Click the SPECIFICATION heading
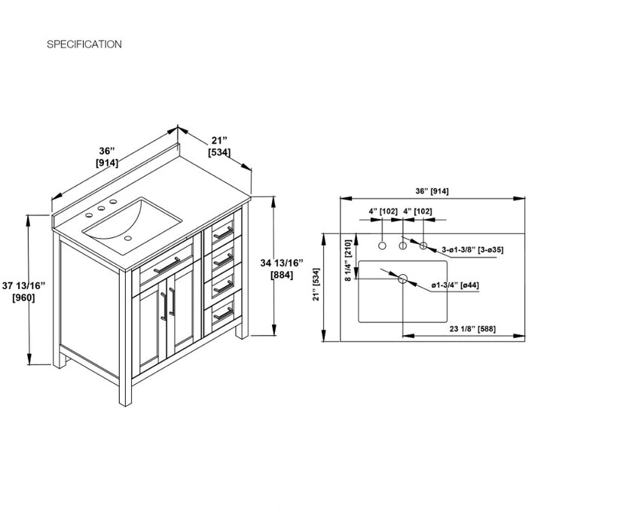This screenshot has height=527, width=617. tap(84, 44)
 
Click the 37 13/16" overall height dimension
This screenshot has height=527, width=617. tap(23, 291)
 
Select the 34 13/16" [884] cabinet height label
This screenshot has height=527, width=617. tap(282, 269)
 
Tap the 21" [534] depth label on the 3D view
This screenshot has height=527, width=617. tap(219, 146)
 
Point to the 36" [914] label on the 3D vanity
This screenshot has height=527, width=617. tap(107, 157)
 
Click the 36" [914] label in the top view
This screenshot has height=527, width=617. tap(432, 191)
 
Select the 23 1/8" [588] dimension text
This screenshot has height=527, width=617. tap(472, 328)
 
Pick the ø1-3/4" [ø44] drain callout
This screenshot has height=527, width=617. tap(455, 285)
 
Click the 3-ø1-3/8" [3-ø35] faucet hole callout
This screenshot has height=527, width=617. tap(472, 249)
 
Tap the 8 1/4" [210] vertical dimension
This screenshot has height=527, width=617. tap(348, 260)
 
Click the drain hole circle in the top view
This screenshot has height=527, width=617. tap(402, 279)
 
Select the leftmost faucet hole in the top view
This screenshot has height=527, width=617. tap(382, 245)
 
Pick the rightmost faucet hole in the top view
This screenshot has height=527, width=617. tap(423, 245)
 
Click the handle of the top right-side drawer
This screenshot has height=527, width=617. tap(223, 233)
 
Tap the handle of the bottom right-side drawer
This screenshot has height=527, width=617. tap(223, 314)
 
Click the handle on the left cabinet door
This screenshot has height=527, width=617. tap(163, 306)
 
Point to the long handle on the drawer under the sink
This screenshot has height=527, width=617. tap(166, 265)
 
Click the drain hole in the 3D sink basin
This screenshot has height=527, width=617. tap(127, 238)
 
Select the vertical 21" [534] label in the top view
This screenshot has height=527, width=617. tap(316, 285)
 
